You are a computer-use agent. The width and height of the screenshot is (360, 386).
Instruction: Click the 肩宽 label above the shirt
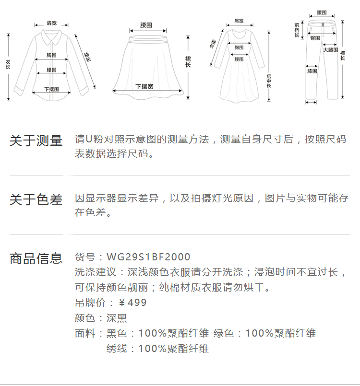coord(51,23)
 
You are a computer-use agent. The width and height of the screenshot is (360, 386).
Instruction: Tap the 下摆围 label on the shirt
coord(51,89)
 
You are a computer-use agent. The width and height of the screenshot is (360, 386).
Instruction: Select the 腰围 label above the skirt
coord(146,25)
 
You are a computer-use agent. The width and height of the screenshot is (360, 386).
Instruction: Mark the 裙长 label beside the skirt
coord(188,61)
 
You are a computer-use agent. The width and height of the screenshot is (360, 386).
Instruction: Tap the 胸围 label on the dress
coord(239,47)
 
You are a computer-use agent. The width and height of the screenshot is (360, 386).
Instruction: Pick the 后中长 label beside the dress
coord(269,80)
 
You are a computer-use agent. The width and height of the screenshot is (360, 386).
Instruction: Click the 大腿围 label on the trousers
coord(330,50)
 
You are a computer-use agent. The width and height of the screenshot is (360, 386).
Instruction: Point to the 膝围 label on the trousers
coord(312,71)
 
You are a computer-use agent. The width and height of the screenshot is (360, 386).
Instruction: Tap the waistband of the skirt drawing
coord(146,34)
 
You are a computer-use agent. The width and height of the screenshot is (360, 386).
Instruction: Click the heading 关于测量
coord(36,140)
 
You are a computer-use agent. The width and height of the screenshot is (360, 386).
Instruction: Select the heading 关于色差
coord(36,199)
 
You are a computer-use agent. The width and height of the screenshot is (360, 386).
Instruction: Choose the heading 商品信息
coord(36,258)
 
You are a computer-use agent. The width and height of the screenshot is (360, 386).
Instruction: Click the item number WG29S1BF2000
coord(148,257)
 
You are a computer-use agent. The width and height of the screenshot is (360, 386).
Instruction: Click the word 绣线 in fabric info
coord(117,349)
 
